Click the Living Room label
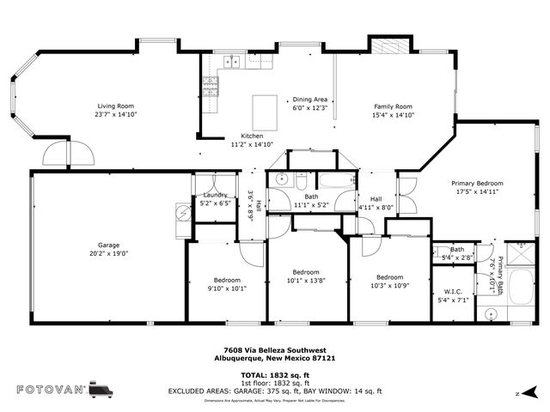pyautogui.click(x=116, y=106)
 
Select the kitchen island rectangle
pyautogui.click(x=265, y=112)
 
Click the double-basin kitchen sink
pyautogui.click(x=229, y=62)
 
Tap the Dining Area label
pyautogui.click(x=310, y=100)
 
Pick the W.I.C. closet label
pyautogui.click(x=455, y=292)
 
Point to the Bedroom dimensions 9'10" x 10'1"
pyautogui.click(x=227, y=288)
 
